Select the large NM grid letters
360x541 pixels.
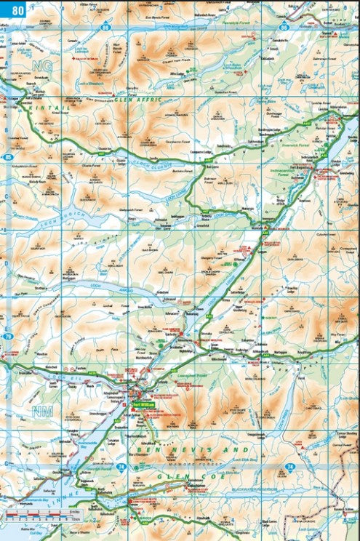(x=43, y=412)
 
